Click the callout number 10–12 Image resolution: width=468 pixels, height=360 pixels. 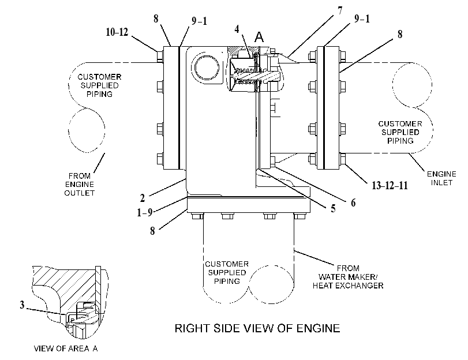point(117,32)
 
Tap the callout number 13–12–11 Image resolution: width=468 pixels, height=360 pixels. point(390,185)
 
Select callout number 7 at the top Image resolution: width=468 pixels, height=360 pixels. point(340,11)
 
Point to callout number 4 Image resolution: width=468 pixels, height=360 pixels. point(237,29)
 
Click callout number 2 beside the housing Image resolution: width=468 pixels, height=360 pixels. point(143,198)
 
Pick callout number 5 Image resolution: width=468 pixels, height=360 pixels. point(333,208)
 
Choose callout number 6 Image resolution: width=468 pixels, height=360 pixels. point(353,202)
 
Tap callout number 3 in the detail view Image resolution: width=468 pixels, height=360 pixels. point(22,305)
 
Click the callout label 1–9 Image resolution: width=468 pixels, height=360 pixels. point(145,212)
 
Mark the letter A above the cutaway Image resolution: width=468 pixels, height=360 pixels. point(259,37)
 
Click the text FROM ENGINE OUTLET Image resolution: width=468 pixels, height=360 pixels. point(80,185)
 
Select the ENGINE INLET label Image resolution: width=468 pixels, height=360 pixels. point(441,178)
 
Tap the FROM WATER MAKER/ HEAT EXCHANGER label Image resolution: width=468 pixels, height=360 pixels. point(348,277)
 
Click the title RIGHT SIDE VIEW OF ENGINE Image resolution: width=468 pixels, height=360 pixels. point(257,328)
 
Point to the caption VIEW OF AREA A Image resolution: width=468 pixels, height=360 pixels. point(66,348)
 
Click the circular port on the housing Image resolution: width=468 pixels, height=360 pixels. point(207,67)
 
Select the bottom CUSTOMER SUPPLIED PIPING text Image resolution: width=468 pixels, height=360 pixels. point(227,272)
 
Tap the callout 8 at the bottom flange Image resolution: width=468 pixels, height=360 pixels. point(152,231)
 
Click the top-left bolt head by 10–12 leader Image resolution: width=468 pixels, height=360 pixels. point(160,56)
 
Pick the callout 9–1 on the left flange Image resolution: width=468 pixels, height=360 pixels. point(199,21)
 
